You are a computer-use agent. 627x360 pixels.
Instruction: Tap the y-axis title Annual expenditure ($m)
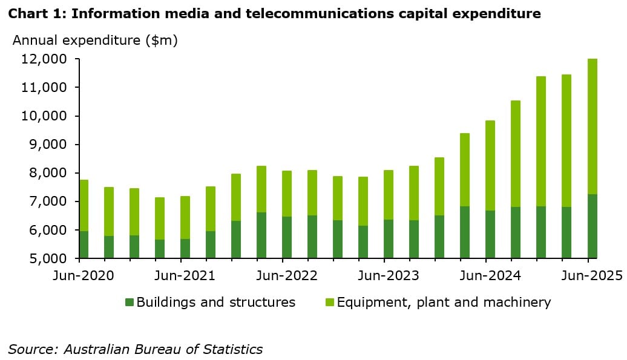(95, 41)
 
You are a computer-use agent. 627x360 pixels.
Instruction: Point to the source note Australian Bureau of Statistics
(135, 349)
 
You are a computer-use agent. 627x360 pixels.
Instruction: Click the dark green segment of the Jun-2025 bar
(593, 226)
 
